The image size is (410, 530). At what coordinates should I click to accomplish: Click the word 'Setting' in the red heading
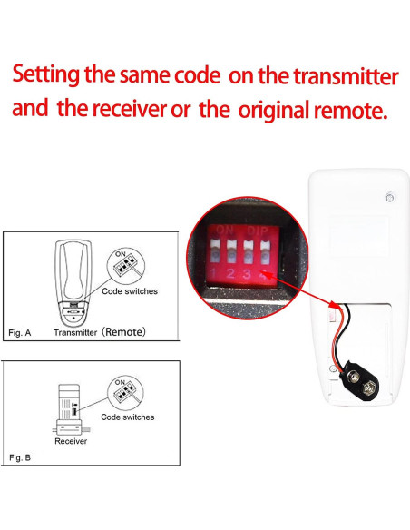coord(52,74)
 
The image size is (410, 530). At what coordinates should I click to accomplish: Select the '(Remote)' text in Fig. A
coord(123,332)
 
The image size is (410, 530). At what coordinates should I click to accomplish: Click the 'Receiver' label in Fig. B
coord(71,442)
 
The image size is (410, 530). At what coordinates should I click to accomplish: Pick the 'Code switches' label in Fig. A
coord(128,291)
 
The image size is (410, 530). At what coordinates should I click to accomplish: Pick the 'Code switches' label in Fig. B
coord(127,417)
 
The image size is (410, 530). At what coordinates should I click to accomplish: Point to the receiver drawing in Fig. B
coord(71,407)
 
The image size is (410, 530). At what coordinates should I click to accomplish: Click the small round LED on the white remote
coord(390,197)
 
